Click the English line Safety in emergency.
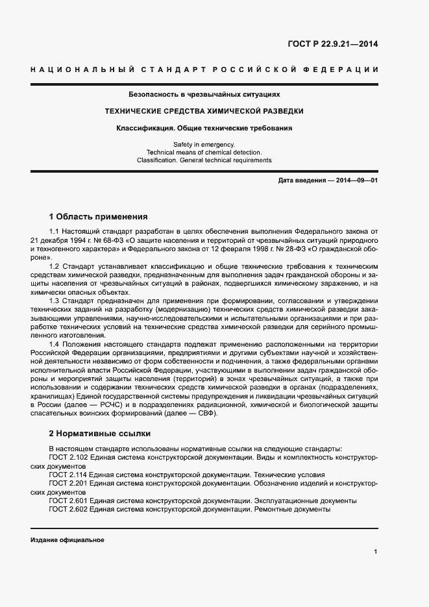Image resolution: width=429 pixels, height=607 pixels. click(x=204, y=143)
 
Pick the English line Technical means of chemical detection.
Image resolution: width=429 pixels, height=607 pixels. click(x=204, y=152)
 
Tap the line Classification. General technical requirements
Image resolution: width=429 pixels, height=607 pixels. click(x=204, y=160)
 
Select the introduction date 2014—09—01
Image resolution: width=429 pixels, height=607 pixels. click(x=356, y=180)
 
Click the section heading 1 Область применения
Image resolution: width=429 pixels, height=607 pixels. click(x=99, y=216)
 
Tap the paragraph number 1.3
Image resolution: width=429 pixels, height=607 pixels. click(x=55, y=300)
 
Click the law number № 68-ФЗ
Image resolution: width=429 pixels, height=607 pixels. click(x=107, y=240)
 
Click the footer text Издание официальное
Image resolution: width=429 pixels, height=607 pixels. click(x=67, y=540)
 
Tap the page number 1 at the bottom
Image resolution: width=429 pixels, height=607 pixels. click(x=375, y=552)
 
